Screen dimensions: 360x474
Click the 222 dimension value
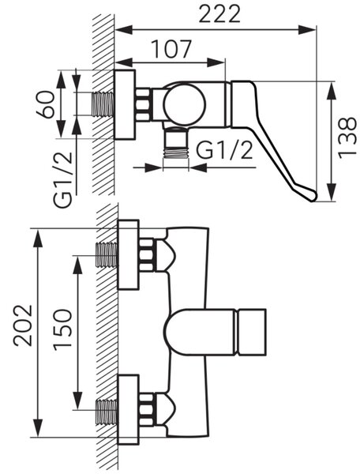(x=219, y=13)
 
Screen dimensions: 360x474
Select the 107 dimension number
(x=171, y=49)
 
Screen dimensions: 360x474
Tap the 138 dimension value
(x=347, y=137)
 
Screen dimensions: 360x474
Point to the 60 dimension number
(x=46, y=104)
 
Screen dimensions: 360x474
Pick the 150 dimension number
(x=63, y=329)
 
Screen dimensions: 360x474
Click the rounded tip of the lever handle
(x=311, y=195)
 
